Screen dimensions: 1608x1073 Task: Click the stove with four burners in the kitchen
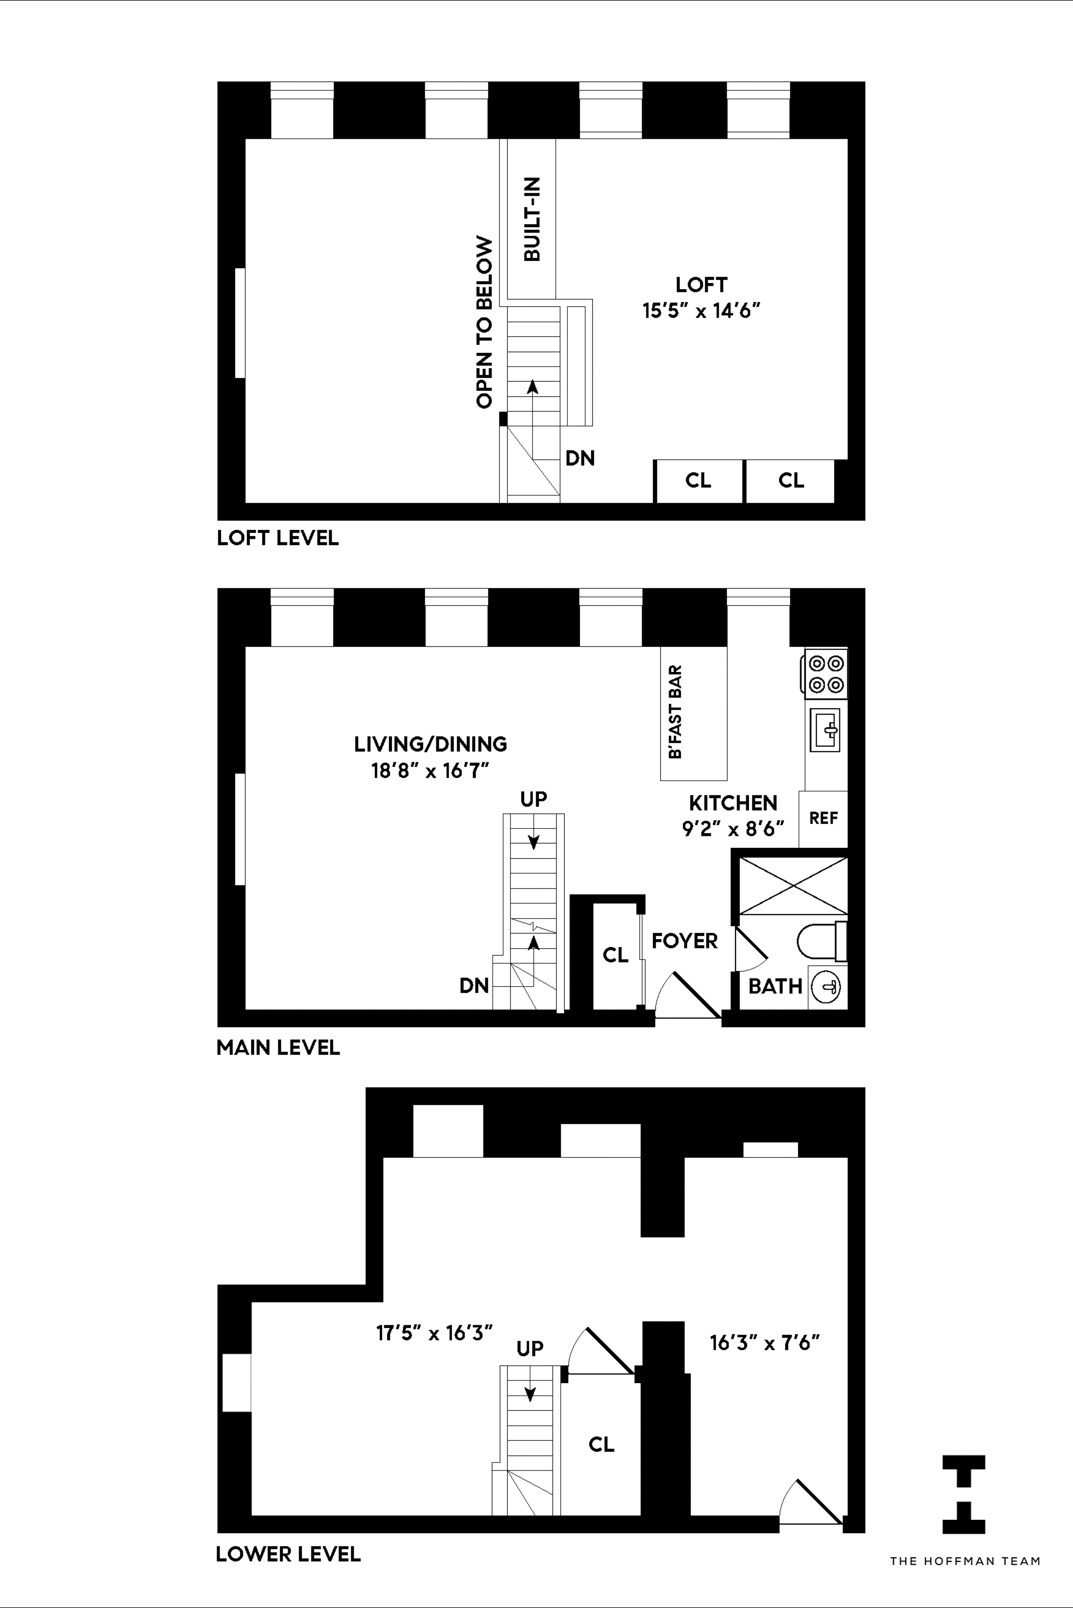point(825,674)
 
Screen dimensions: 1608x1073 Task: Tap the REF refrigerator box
point(823,818)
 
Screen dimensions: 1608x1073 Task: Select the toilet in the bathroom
point(821,942)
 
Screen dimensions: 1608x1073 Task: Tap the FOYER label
point(684,941)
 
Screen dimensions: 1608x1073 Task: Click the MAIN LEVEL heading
point(278,1047)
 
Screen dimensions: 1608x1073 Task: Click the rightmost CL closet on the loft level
point(790,480)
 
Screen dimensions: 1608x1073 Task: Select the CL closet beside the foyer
point(615,955)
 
